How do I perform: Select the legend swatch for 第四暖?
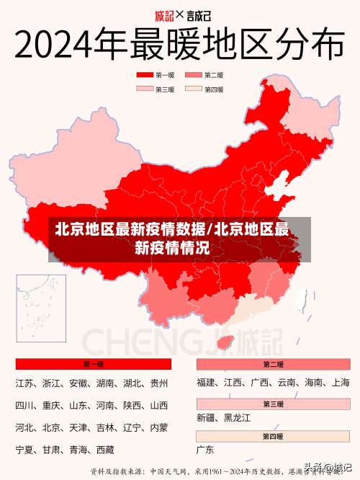192,89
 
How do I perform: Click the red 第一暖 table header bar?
93,364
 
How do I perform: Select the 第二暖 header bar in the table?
273,364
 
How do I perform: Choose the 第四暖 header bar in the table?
273,436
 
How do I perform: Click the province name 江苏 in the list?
25,383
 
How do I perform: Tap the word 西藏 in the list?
105,450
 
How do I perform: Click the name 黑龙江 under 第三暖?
236,417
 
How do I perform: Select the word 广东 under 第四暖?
205,450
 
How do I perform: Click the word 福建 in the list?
206,383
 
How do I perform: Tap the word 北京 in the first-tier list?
51,427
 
